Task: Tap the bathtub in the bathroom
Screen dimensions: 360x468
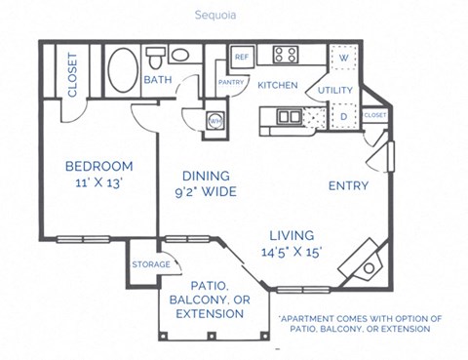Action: click(x=122, y=71)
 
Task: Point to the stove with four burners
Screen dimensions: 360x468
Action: click(x=287, y=56)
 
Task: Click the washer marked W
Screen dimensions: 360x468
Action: click(x=344, y=59)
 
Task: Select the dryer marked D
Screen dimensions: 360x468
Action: click(x=343, y=116)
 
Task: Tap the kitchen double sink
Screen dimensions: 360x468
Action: click(x=289, y=117)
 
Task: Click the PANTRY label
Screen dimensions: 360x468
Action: click(x=231, y=83)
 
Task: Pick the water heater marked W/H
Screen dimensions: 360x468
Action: click(x=216, y=121)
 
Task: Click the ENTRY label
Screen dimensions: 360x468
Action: click(x=348, y=185)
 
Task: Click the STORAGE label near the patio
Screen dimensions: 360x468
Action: click(x=151, y=264)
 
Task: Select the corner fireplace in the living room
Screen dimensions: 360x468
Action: click(x=368, y=261)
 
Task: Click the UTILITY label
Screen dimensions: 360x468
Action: click(x=335, y=90)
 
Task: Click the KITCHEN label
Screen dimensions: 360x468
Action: click(x=278, y=85)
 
